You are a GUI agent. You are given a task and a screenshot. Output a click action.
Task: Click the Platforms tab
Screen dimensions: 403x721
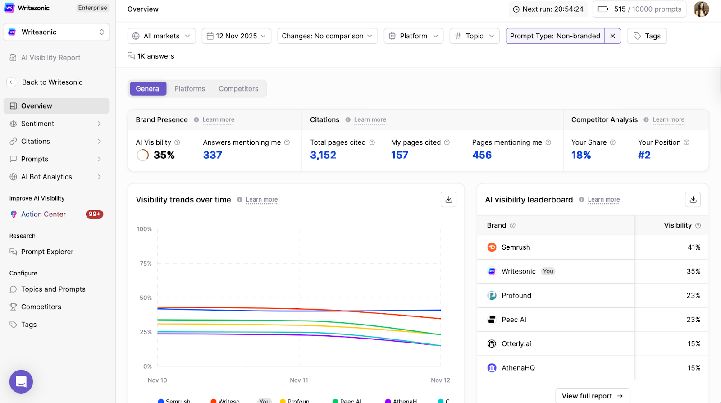coord(190,89)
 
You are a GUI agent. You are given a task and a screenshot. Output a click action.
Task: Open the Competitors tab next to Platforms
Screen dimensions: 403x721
coord(238,89)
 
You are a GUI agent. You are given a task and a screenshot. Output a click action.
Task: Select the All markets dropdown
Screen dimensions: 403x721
coord(161,36)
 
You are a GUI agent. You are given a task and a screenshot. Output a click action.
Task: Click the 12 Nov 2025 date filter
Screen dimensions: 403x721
coord(236,36)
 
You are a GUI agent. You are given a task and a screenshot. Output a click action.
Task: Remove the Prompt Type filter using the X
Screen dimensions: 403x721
coord(612,36)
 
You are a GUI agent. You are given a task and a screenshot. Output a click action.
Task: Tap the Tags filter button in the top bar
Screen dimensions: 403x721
coord(647,36)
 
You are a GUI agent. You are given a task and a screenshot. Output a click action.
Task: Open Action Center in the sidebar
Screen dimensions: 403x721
coord(43,214)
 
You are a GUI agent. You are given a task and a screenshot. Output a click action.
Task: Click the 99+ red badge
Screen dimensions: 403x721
coord(94,214)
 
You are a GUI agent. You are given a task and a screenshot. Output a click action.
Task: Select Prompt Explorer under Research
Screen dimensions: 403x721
coord(47,252)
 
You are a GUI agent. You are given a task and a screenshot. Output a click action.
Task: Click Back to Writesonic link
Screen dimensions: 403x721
coord(52,82)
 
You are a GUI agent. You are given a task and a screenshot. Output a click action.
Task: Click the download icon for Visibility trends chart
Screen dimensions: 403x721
coord(448,199)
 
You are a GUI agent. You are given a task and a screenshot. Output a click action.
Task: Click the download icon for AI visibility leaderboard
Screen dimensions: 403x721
coord(693,199)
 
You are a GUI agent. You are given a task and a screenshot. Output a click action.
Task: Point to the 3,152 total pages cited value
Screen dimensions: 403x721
coord(323,155)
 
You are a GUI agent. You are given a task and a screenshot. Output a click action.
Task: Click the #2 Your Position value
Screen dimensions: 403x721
coord(644,155)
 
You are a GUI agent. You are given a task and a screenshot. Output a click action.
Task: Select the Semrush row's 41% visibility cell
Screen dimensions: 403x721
coord(694,247)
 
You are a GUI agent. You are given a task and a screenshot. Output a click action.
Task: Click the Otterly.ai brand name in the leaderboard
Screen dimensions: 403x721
coord(516,343)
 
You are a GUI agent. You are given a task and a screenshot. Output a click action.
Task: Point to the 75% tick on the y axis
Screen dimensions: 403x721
coord(146,263)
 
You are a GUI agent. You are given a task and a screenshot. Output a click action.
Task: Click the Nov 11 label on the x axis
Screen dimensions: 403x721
coord(299,380)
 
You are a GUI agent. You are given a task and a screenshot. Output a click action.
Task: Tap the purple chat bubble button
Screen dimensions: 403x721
coord(21,381)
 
